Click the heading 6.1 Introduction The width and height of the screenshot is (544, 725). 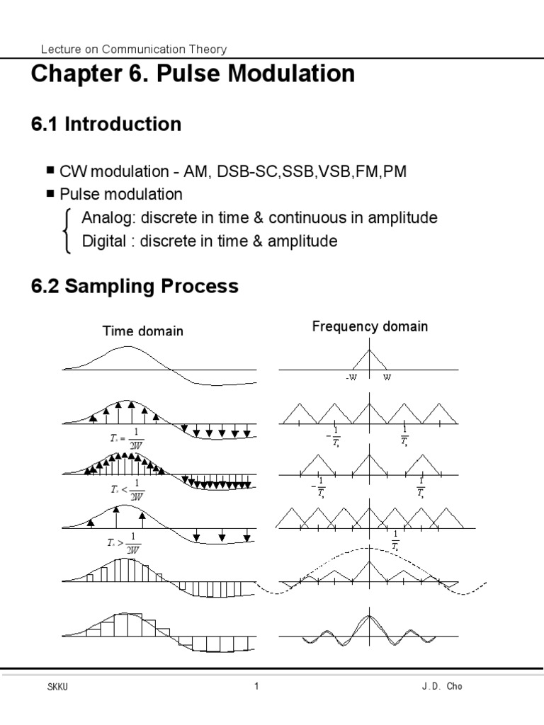(106, 125)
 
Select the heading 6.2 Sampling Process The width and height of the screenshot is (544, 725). (135, 287)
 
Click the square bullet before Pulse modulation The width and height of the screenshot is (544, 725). (50, 193)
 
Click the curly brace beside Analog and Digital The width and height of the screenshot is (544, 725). (68, 230)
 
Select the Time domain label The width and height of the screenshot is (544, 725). (143, 331)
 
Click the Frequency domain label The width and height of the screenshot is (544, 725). (370, 326)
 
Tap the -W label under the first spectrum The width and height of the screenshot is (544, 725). (352, 377)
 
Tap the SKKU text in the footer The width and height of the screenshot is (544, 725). (55, 687)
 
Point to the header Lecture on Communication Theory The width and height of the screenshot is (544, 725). (134, 49)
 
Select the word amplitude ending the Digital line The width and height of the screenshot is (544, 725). (302, 241)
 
